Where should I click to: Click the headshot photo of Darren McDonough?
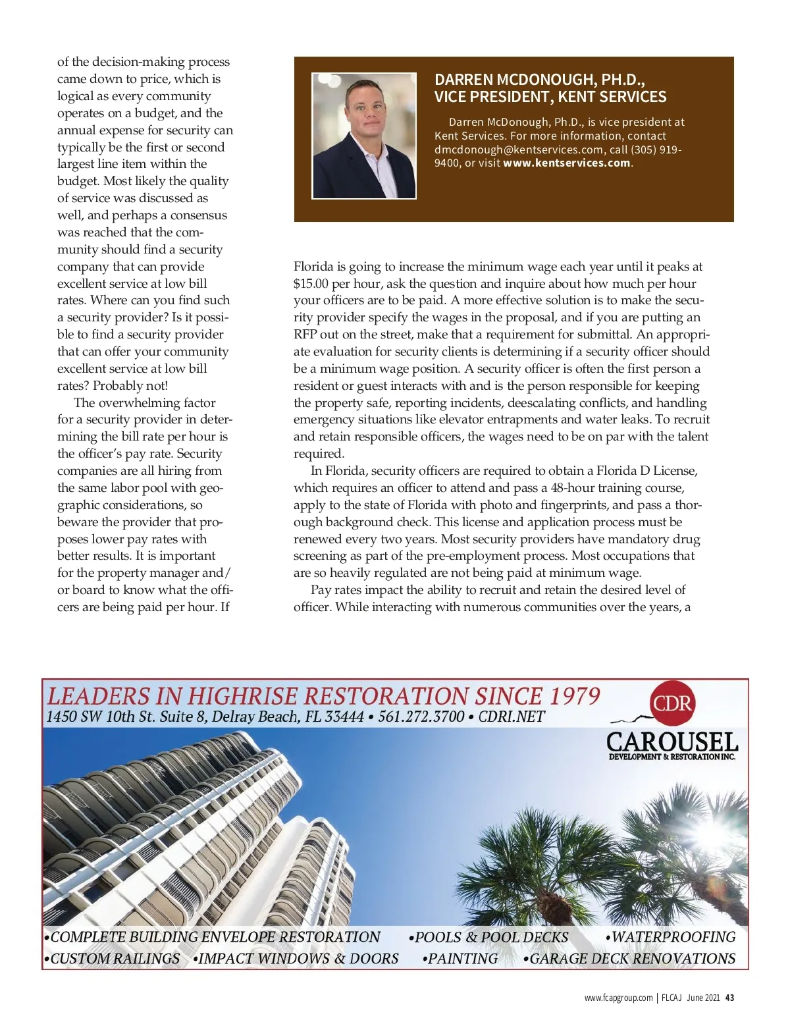click(364, 136)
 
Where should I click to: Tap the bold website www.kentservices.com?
click(567, 163)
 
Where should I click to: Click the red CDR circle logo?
click(672, 703)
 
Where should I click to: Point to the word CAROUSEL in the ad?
click(671, 742)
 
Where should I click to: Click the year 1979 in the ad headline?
click(575, 696)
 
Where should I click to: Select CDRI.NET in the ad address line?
click(512, 716)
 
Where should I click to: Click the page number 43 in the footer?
click(729, 998)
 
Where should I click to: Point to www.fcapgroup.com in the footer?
click(618, 998)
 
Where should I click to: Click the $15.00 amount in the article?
click(311, 284)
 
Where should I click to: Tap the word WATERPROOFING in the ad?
click(673, 937)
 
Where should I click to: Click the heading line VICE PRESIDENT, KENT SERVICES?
click(550, 97)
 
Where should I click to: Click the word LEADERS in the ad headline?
click(99, 696)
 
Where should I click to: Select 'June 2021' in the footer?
click(703, 998)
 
